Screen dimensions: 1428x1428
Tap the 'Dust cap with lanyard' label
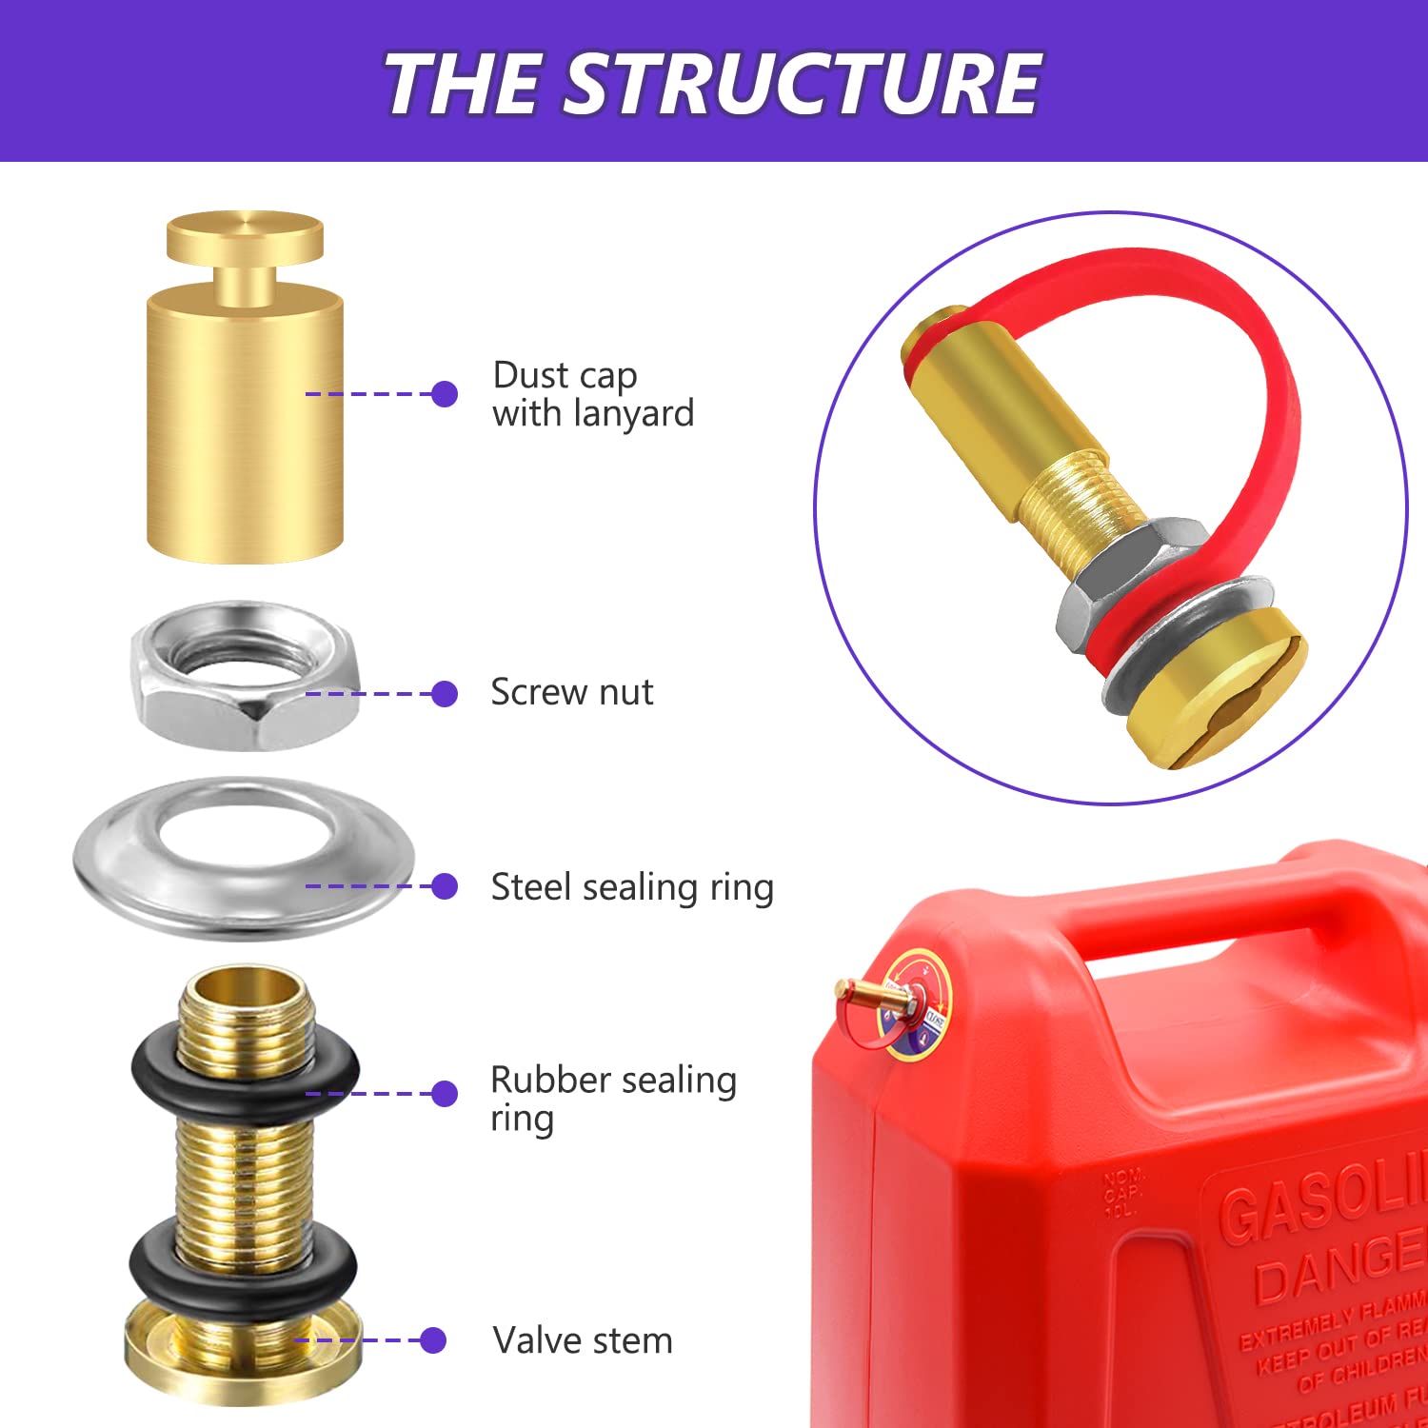click(x=592, y=394)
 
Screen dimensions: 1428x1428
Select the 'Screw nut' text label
click(x=571, y=692)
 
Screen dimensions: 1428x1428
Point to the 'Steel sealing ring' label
click(x=631, y=887)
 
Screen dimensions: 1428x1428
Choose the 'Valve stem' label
click(x=582, y=1340)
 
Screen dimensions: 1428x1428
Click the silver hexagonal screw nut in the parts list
click(x=246, y=676)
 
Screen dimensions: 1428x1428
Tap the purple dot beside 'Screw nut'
click(x=444, y=693)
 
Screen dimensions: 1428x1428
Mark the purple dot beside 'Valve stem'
click(x=433, y=1340)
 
